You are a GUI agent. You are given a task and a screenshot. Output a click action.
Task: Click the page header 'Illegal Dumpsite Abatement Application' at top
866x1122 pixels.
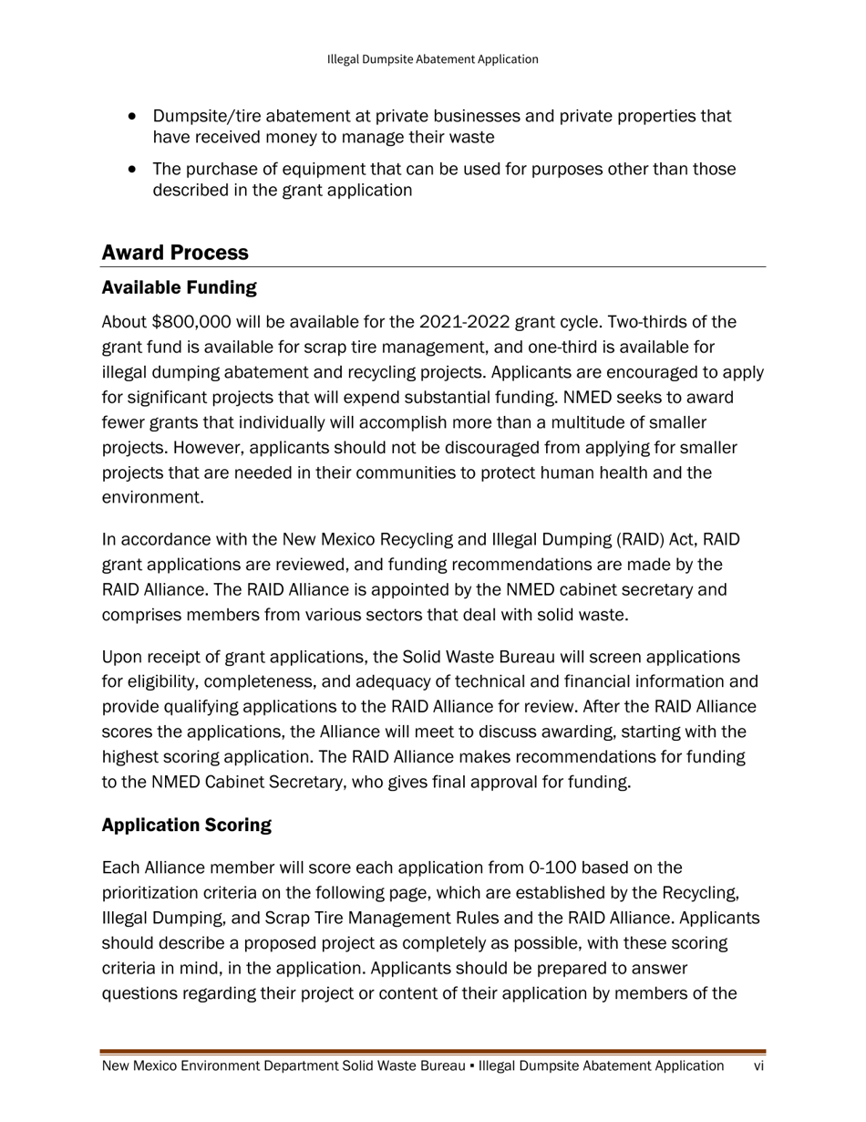point(432,59)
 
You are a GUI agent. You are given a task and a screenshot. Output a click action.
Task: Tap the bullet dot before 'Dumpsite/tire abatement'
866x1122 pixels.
point(134,117)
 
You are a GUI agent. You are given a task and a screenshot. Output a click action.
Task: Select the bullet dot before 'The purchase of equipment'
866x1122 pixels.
point(134,170)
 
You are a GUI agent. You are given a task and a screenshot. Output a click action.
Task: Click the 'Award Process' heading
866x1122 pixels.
point(175,252)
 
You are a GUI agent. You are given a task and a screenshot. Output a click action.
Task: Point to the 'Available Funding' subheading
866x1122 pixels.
point(179,288)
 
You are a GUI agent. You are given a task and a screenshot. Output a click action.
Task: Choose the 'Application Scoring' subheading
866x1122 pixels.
point(186,826)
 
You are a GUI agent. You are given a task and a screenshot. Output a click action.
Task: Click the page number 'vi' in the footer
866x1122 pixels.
point(758,1066)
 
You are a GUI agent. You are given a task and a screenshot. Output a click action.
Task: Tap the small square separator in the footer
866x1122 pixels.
point(471,1066)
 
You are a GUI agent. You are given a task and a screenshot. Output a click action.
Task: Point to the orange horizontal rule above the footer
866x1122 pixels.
point(433,1052)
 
